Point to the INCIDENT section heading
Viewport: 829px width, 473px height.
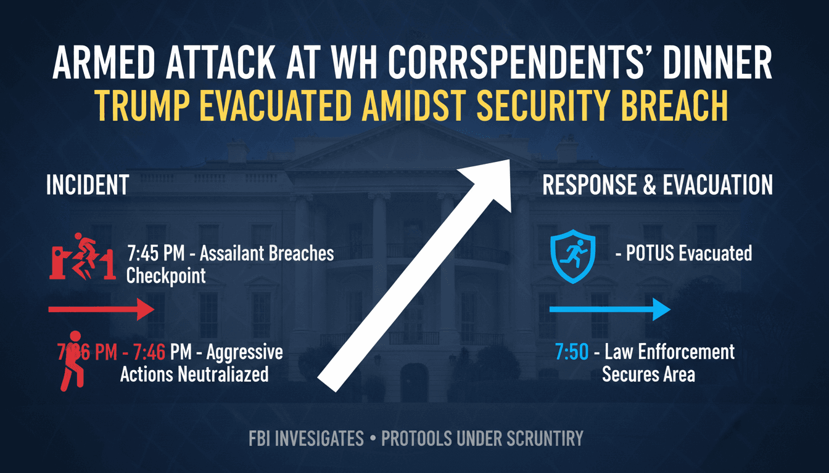[x=87, y=185]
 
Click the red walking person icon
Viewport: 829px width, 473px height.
[x=72, y=361]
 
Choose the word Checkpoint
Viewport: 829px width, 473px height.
[x=165, y=275]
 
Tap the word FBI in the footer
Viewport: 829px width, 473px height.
[x=263, y=439]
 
